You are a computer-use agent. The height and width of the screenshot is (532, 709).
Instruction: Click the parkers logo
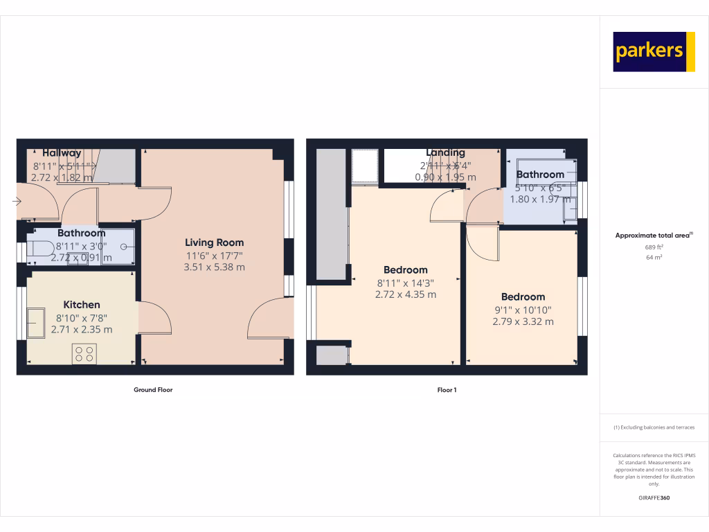click(x=654, y=51)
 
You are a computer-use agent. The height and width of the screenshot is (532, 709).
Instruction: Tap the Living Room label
click(x=214, y=242)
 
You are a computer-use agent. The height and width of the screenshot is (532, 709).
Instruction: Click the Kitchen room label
click(x=82, y=305)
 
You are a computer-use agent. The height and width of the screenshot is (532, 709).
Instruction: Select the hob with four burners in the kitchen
click(x=84, y=353)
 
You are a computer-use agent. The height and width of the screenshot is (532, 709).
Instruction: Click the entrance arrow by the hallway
click(x=16, y=202)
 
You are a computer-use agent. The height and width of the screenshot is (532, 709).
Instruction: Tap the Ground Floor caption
click(x=153, y=390)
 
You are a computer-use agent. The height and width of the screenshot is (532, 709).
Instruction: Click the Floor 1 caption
click(x=447, y=390)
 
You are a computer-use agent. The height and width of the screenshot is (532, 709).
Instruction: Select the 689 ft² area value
click(x=654, y=247)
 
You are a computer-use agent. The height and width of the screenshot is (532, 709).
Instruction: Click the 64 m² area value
click(x=654, y=257)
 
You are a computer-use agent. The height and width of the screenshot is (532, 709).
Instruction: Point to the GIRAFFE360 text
click(x=654, y=497)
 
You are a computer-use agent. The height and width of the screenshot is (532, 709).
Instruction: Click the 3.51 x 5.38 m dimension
click(x=214, y=267)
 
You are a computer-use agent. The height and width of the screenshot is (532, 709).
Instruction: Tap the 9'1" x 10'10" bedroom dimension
click(x=523, y=310)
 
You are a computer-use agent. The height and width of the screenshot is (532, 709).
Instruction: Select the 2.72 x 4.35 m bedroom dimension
click(x=406, y=294)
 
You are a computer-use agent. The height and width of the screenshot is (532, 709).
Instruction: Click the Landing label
click(x=445, y=152)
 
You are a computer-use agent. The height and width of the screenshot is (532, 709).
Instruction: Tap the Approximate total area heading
click(x=654, y=236)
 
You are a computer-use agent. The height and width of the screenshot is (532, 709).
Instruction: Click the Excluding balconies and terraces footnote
click(x=654, y=427)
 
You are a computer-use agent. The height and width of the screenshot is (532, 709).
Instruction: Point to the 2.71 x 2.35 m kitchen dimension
click(x=82, y=330)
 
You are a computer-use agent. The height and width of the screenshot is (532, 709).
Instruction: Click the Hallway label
click(x=62, y=153)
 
